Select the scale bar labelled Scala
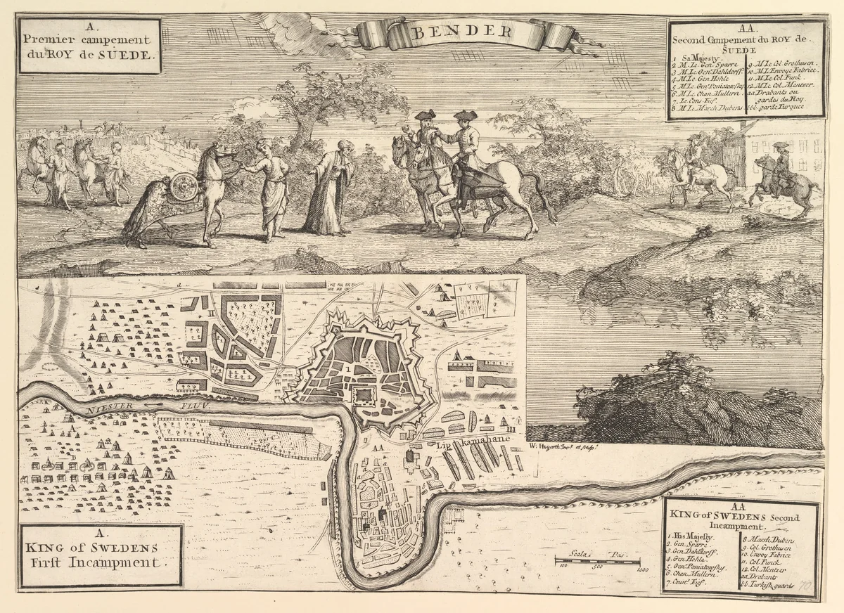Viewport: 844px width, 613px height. [597, 560]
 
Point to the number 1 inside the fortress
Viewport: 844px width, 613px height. [347, 367]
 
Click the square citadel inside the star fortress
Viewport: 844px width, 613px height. [364, 394]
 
